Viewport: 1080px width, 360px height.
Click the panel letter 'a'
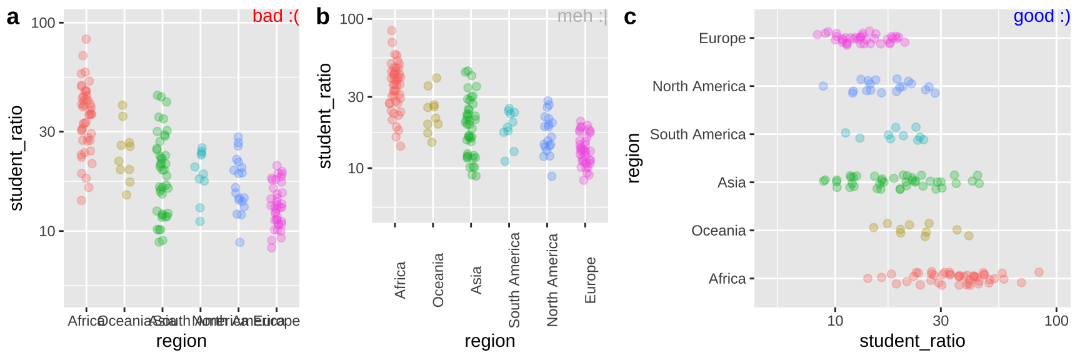coord(12,17)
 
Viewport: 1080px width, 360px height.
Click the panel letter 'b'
coord(322,17)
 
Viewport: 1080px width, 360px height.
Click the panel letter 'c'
coord(630,17)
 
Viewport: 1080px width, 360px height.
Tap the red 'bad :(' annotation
coord(276,16)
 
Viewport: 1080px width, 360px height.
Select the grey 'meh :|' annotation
coord(582,16)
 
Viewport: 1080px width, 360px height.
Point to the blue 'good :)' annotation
coord(1041,16)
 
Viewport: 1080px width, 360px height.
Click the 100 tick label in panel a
coord(43,23)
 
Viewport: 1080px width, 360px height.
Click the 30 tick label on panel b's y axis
coord(356,97)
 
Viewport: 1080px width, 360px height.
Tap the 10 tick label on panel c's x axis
coord(835,321)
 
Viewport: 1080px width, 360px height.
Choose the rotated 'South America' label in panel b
coord(514,279)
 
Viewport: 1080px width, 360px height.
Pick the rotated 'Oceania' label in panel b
coord(438,279)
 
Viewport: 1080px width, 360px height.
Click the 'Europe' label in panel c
coord(722,38)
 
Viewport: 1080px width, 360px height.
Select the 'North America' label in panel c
coord(699,86)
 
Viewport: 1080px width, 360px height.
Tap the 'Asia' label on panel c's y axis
coord(731,182)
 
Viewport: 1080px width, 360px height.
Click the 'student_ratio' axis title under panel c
coord(912,341)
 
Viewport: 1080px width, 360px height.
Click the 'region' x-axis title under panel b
coord(489,341)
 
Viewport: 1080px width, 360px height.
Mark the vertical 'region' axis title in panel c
coord(633,158)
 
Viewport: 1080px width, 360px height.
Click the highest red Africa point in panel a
coord(86,39)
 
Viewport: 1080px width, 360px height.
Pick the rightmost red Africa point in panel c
coord(1039,272)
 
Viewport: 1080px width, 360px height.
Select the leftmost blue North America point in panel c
coord(823,86)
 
